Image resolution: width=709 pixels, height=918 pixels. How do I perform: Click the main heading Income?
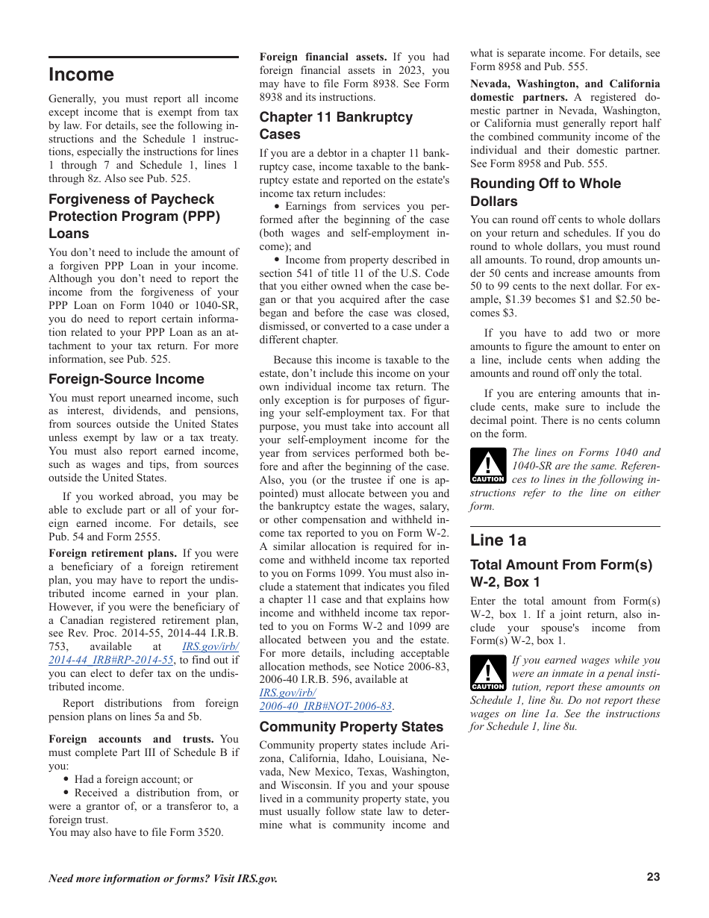click(x=81, y=75)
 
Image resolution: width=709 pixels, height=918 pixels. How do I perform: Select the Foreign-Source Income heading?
click(x=126, y=379)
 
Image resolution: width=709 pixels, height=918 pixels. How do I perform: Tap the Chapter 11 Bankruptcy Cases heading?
click(x=336, y=125)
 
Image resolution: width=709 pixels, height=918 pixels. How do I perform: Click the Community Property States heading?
click(x=351, y=727)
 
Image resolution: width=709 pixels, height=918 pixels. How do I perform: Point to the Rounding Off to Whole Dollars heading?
click(x=545, y=193)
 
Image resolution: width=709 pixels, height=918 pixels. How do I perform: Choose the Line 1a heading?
click(x=498, y=540)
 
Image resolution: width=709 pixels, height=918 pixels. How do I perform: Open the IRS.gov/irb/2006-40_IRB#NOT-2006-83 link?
click(x=326, y=706)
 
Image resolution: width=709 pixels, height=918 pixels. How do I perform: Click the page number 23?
click(x=653, y=877)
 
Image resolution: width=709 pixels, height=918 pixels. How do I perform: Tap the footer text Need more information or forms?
click(x=163, y=878)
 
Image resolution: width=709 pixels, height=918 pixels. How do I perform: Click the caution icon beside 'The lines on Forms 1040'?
click(x=488, y=466)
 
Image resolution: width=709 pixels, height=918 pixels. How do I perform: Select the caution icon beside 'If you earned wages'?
click(x=488, y=674)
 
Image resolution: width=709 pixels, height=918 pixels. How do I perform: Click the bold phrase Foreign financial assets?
click(x=322, y=57)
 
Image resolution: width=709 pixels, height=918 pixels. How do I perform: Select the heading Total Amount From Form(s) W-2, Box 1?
click(x=560, y=573)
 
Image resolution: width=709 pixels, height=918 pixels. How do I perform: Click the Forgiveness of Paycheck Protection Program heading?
click(x=134, y=216)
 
